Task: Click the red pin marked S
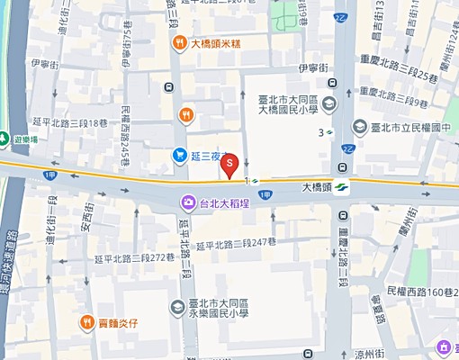coord(229,164)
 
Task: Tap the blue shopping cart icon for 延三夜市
coord(180,156)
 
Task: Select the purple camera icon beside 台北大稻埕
coord(187,201)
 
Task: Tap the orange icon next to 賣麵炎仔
coord(87,321)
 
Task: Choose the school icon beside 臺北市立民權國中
coord(359,127)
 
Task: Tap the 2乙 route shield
coord(348,149)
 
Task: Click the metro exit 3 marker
coord(325,132)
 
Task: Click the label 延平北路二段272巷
coord(134,257)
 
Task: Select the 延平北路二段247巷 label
coord(235,243)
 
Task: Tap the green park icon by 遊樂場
coord(5,140)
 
